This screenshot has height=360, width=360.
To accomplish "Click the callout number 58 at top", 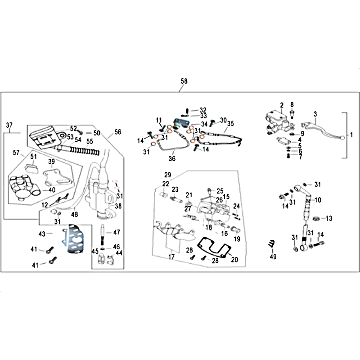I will [x=184, y=81].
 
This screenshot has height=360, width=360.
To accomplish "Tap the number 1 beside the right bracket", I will [x=352, y=135].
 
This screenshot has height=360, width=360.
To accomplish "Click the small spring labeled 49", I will [x=271, y=243].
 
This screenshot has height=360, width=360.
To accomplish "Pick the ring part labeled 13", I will [x=317, y=218].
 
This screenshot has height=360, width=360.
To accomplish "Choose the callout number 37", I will [x=9, y=125].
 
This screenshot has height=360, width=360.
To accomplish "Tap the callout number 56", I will [x=118, y=132].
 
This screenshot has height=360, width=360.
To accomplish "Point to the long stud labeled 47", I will [x=103, y=232].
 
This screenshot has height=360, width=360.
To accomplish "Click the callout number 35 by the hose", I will [x=231, y=123].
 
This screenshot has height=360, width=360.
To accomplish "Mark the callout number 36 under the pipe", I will [x=171, y=158].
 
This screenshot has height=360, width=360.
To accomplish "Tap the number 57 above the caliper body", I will [x=17, y=153].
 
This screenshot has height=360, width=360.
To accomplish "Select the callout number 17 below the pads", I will [x=171, y=257].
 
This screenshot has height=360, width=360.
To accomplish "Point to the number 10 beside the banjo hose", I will [x=318, y=200].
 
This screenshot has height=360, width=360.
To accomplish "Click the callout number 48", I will [x=74, y=214].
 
